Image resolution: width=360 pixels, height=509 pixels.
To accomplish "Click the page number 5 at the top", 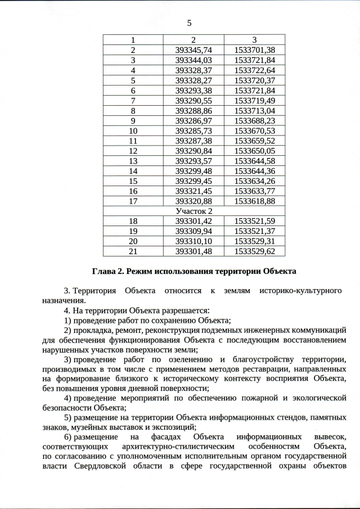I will tap(189, 23).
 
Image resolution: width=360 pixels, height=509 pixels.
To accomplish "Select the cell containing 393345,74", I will tap(193, 49).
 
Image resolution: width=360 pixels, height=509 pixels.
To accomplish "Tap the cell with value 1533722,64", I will tap(254, 70).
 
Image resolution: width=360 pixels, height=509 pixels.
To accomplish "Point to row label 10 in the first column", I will tap(133, 130).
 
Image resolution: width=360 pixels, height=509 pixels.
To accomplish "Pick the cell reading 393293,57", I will tap(193, 161).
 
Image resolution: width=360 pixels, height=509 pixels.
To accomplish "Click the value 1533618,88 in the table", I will tap(254, 201).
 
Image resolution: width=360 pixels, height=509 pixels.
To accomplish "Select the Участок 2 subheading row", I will tap(193, 211).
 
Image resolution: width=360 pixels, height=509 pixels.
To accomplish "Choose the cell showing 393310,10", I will tap(193, 241).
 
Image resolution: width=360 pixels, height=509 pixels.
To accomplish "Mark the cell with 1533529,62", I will tap(254, 251).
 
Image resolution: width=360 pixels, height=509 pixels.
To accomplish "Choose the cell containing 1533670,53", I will tap(254, 130).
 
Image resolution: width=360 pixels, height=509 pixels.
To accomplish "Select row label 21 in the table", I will tap(133, 251).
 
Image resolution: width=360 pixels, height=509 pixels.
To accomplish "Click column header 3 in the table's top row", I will tap(254, 39).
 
